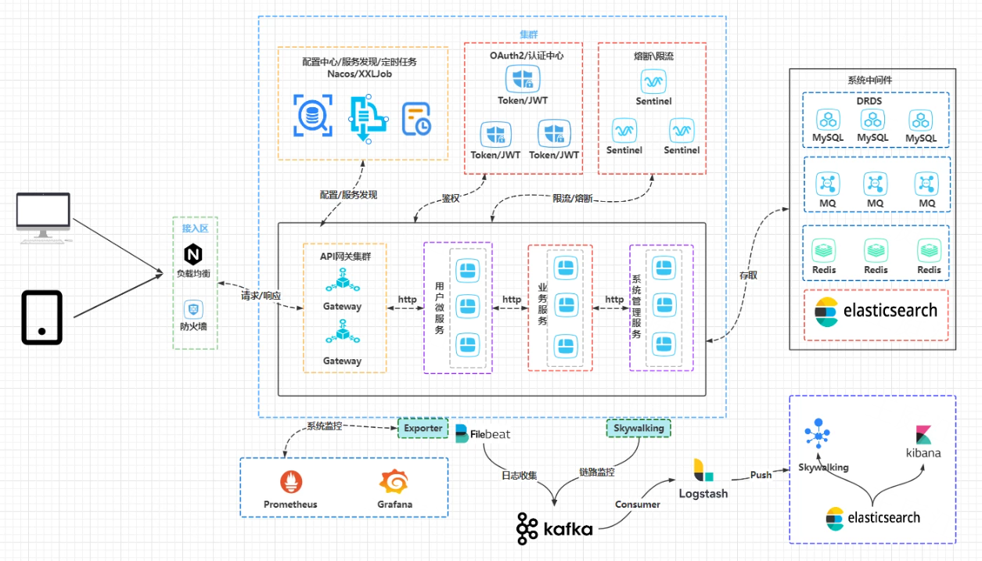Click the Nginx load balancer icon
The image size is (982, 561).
tap(193, 254)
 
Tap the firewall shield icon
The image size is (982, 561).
tap(193, 309)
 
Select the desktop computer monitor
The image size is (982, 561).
tap(43, 218)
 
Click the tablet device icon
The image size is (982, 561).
tap(42, 318)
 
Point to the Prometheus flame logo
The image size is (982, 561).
tap(291, 482)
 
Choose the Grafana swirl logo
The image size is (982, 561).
tap(394, 482)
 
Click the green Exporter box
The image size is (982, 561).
tap(423, 428)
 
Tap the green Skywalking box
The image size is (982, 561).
tap(638, 428)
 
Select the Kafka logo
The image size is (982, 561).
tap(555, 529)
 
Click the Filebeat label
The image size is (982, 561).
tap(490, 434)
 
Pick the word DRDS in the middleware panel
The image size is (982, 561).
tap(869, 101)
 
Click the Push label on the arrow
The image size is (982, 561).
tap(761, 475)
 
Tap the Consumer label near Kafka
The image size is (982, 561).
tap(638, 505)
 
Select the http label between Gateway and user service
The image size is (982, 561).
tap(407, 300)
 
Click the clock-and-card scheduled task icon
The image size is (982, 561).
tap(416, 119)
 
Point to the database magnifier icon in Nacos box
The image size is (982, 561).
tap(312, 115)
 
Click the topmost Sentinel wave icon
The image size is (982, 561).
tap(653, 81)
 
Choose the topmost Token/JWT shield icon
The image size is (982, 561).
tap(523, 78)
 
